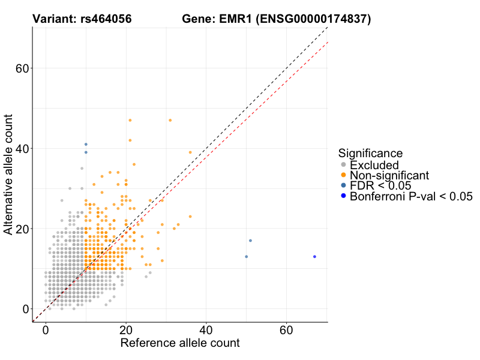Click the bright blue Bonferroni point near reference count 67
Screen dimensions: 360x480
click(314, 257)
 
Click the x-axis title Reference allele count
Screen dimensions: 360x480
click(180, 343)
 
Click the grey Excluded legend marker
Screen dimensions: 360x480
click(343, 165)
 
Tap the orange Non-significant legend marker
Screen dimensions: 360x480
click(343, 175)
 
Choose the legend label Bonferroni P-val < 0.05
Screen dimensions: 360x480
click(412, 196)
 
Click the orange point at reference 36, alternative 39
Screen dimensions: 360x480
click(190, 152)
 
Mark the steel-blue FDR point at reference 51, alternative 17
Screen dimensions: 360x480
click(250, 241)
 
